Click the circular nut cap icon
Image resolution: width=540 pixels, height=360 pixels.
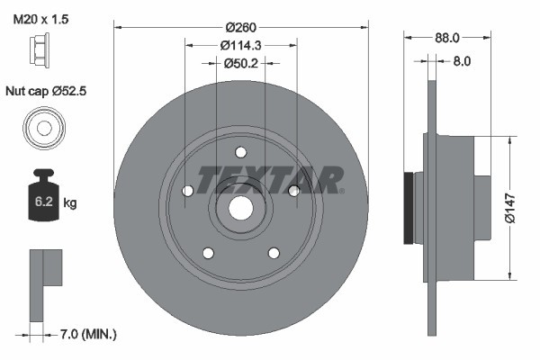[x=41, y=128]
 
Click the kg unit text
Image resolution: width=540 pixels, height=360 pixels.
[x=70, y=203]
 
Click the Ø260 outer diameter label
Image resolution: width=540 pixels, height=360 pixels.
[x=240, y=26]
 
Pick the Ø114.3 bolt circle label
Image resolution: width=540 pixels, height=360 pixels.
[x=240, y=44]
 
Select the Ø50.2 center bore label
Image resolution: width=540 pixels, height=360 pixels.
[x=240, y=62]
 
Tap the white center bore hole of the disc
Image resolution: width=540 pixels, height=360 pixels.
[x=240, y=206]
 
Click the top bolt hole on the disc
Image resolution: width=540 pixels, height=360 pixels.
[x=240, y=152]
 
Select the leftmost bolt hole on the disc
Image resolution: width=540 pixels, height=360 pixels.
[x=187, y=191]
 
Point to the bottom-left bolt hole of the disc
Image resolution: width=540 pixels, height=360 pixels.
[x=208, y=252]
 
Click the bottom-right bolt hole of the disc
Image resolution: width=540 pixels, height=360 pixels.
[x=273, y=252]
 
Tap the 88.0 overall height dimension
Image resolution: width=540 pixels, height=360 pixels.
[x=446, y=38]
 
